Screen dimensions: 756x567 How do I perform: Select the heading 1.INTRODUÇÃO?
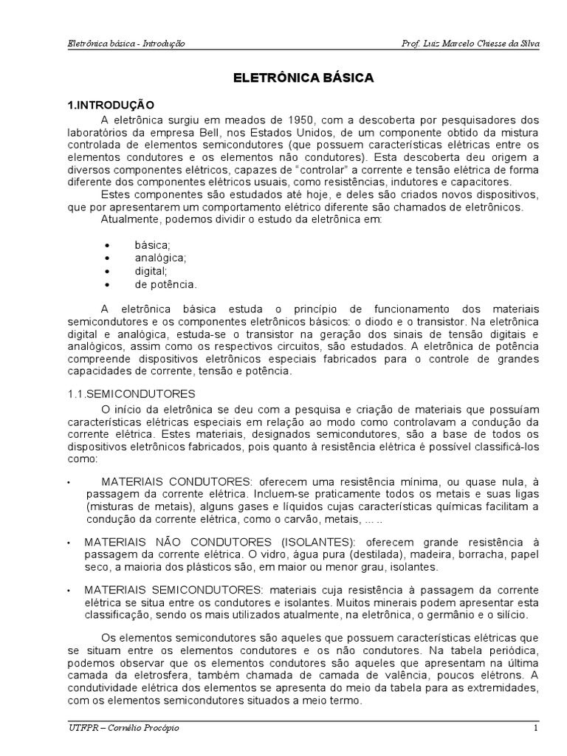[x=111, y=105]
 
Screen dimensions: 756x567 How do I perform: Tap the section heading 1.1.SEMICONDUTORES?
[x=131, y=394]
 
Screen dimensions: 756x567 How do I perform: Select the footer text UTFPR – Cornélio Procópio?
[x=118, y=729]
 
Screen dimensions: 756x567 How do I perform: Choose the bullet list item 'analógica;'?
[x=160, y=258]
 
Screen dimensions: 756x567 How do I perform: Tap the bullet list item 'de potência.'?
[x=165, y=283]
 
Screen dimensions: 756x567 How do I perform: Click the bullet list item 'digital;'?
[x=151, y=271]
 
